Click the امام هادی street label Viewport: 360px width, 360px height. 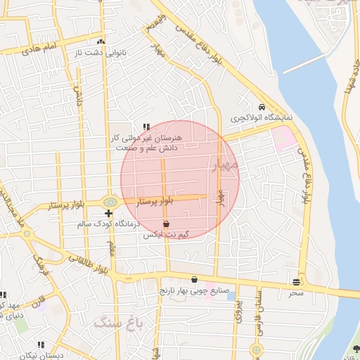coord(38,50)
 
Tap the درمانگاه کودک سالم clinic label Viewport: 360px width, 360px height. coord(110,224)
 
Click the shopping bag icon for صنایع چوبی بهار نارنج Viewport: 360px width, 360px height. coord(195,279)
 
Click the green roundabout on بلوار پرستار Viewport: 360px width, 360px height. coord(109,202)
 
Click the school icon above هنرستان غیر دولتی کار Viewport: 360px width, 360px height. coord(146,127)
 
